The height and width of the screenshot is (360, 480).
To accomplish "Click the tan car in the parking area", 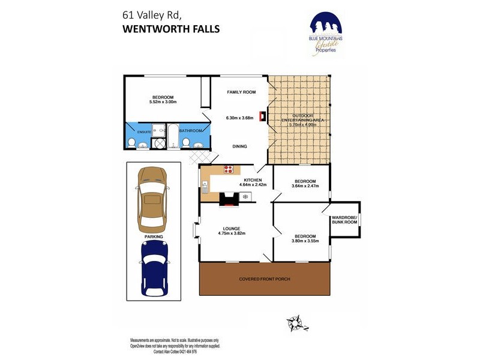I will tap(152, 199).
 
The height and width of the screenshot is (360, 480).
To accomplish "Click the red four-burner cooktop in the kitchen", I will tap(229, 169).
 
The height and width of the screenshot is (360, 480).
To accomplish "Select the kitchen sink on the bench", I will tap(205, 188).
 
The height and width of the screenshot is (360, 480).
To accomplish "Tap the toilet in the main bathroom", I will tap(186, 142).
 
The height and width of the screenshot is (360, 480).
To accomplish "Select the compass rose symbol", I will tap(296, 323).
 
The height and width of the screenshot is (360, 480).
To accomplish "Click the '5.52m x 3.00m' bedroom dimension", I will tap(163, 102).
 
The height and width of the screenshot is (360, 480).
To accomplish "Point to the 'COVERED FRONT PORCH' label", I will tap(265, 280).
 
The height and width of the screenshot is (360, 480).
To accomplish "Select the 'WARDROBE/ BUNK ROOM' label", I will tap(344, 220).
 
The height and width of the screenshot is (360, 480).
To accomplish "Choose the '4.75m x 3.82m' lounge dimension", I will tap(232, 233).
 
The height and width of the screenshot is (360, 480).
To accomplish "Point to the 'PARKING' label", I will tap(152, 236).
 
